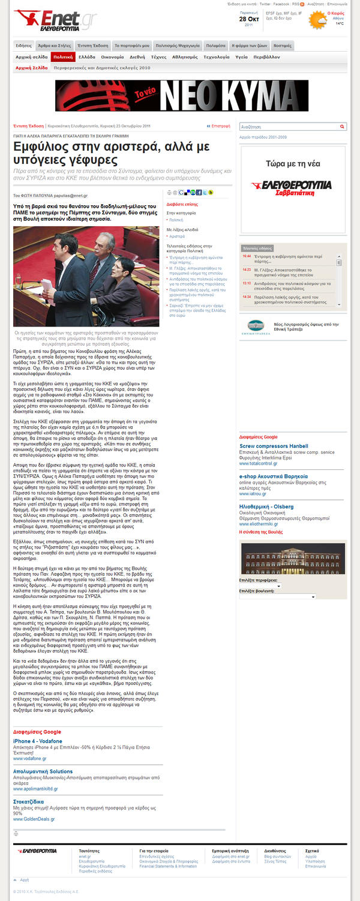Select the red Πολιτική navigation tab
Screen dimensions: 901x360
(x=63, y=57)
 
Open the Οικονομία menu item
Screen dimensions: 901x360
(x=112, y=57)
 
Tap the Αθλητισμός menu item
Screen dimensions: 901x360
(x=185, y=57)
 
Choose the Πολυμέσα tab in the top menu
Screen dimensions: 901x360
(x=215, y=45)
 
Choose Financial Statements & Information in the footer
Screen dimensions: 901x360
(x=167, y=866)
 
